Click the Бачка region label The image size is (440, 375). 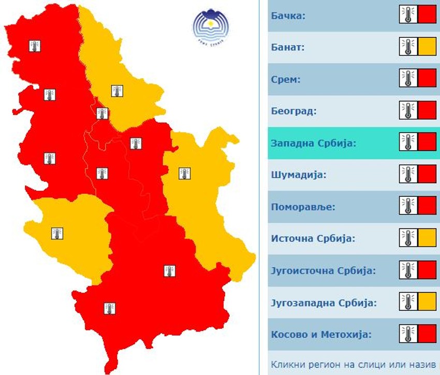[x=288, y=16]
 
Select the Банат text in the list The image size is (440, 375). [x=287, y=48]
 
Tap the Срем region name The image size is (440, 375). [x=285, y=80]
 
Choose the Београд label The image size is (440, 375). [x=294, y=111]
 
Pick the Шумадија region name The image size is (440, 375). [x=299, y=175]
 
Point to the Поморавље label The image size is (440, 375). [x=303, y=207]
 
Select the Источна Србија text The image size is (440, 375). [x=314, y=239]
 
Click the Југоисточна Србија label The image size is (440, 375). [x=323, y=271]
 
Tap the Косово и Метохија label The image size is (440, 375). [x=321, y=335]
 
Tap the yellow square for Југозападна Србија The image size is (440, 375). [x=427, y=301]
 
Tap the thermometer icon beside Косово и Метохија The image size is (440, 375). [x=408, y=334]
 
